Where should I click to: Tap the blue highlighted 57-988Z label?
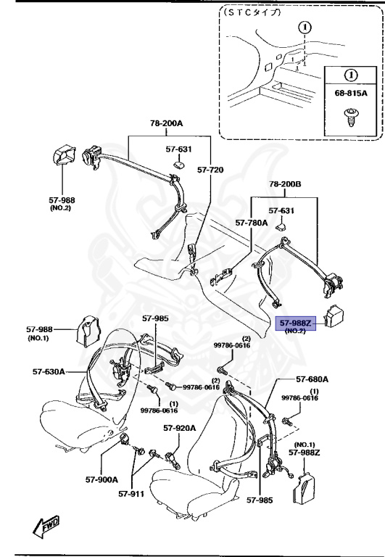click(294, 322)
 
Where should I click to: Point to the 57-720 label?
click(211, 170)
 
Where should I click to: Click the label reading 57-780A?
click(252, 224)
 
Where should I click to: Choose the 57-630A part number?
click(49, 371)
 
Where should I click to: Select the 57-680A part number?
click(312, 379)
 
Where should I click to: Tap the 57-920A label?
click(179, 428)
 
